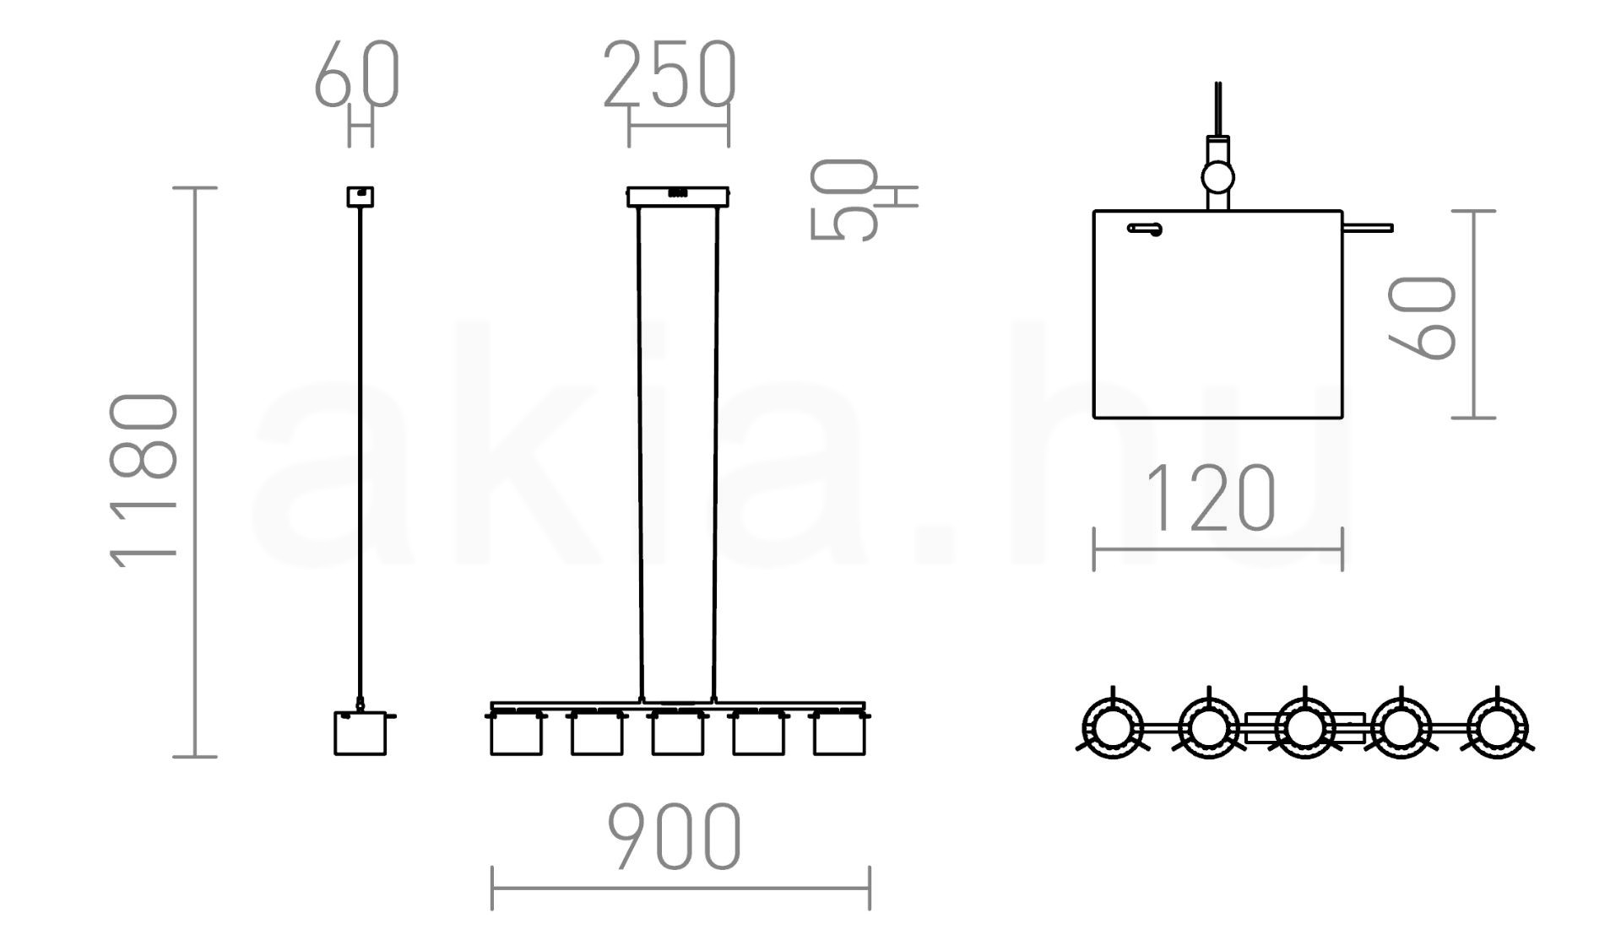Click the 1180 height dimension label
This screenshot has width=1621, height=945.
point(144,480)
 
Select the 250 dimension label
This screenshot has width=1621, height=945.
point(670,74)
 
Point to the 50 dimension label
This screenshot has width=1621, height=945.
point(843,200)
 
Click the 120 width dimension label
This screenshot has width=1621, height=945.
point(1210,498)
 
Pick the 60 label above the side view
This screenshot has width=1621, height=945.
point(356,74)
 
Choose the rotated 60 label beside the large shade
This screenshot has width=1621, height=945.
point(1422,317)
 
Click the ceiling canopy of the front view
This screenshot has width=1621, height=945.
point(678,197)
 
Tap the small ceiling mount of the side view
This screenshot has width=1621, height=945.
point(361,197)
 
